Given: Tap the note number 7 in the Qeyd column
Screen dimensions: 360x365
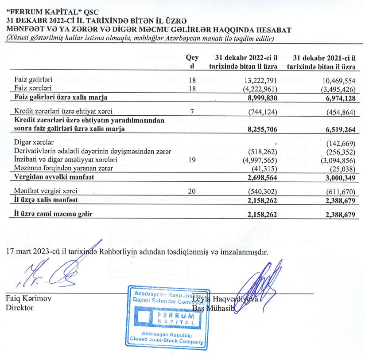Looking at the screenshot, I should pos(192,111).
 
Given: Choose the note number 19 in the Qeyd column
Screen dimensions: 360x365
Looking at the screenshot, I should pos(192,160).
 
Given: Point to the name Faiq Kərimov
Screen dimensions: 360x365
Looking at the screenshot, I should pos(28,299).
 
